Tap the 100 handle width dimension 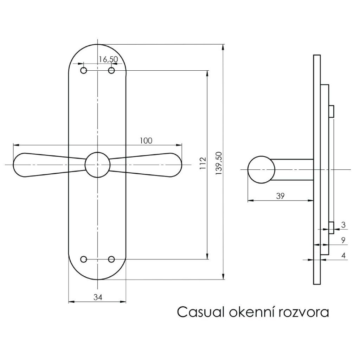tap(146, 141)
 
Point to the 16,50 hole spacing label tap(108, 59)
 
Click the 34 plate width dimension tap(98, 297)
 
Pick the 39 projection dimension tap(280, 196)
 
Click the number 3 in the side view tap(343, 224)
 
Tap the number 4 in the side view tap(343, 256)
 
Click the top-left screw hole tap(84, 71)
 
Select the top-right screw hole tap(111, 71)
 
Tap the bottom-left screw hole tap(84, 259)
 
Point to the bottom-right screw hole tap(111, 259)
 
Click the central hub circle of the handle tap(97, 164)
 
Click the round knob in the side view tap(261, 169)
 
